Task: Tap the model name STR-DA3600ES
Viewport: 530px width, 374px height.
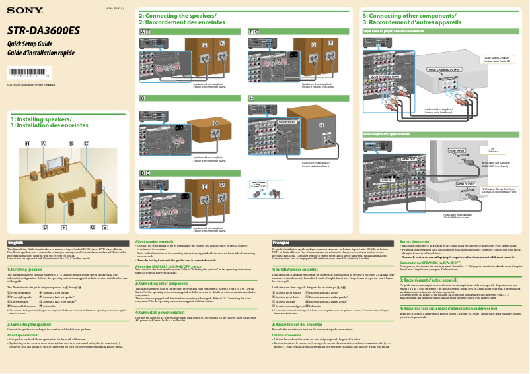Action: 44,30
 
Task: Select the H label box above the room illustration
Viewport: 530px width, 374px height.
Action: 28,144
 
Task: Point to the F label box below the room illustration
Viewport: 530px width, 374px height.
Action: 64,227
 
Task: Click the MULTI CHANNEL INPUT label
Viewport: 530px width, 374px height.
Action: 385,77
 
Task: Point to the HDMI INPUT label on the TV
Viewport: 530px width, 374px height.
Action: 457,150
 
